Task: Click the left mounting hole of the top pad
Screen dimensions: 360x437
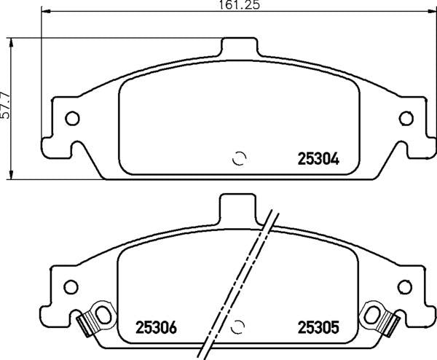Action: pyautogui.click(x=72, y=118)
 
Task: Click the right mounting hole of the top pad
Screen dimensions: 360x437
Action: pyautogui.click(x=405, y=118)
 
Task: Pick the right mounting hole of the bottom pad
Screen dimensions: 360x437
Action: pyautogui.click(x=405, y=286)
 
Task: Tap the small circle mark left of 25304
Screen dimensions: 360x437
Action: pyautogui.click(x=239, y=159)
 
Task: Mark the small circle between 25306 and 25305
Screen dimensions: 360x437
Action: pyautogui.click(x=239, y=326)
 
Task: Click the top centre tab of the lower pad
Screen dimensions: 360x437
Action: pyautogui.click(x=238, y=207)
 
